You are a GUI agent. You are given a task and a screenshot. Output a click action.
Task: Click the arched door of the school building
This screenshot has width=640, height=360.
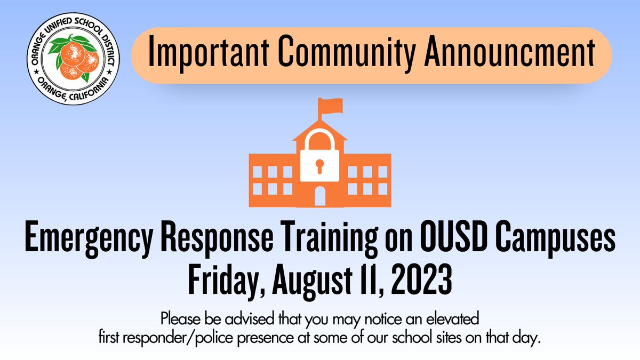point(319,196)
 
